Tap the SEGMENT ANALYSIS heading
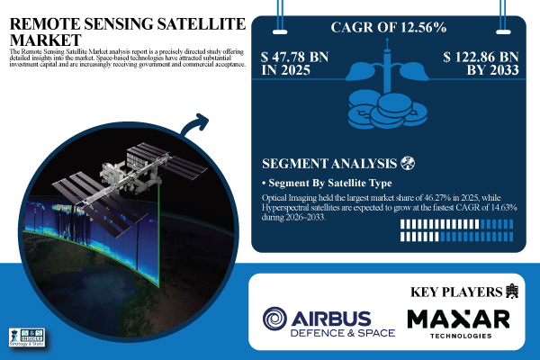point(329,165)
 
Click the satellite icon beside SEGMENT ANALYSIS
point(410,164)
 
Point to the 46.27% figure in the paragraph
point(418,197)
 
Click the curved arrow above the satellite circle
point(197,125)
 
